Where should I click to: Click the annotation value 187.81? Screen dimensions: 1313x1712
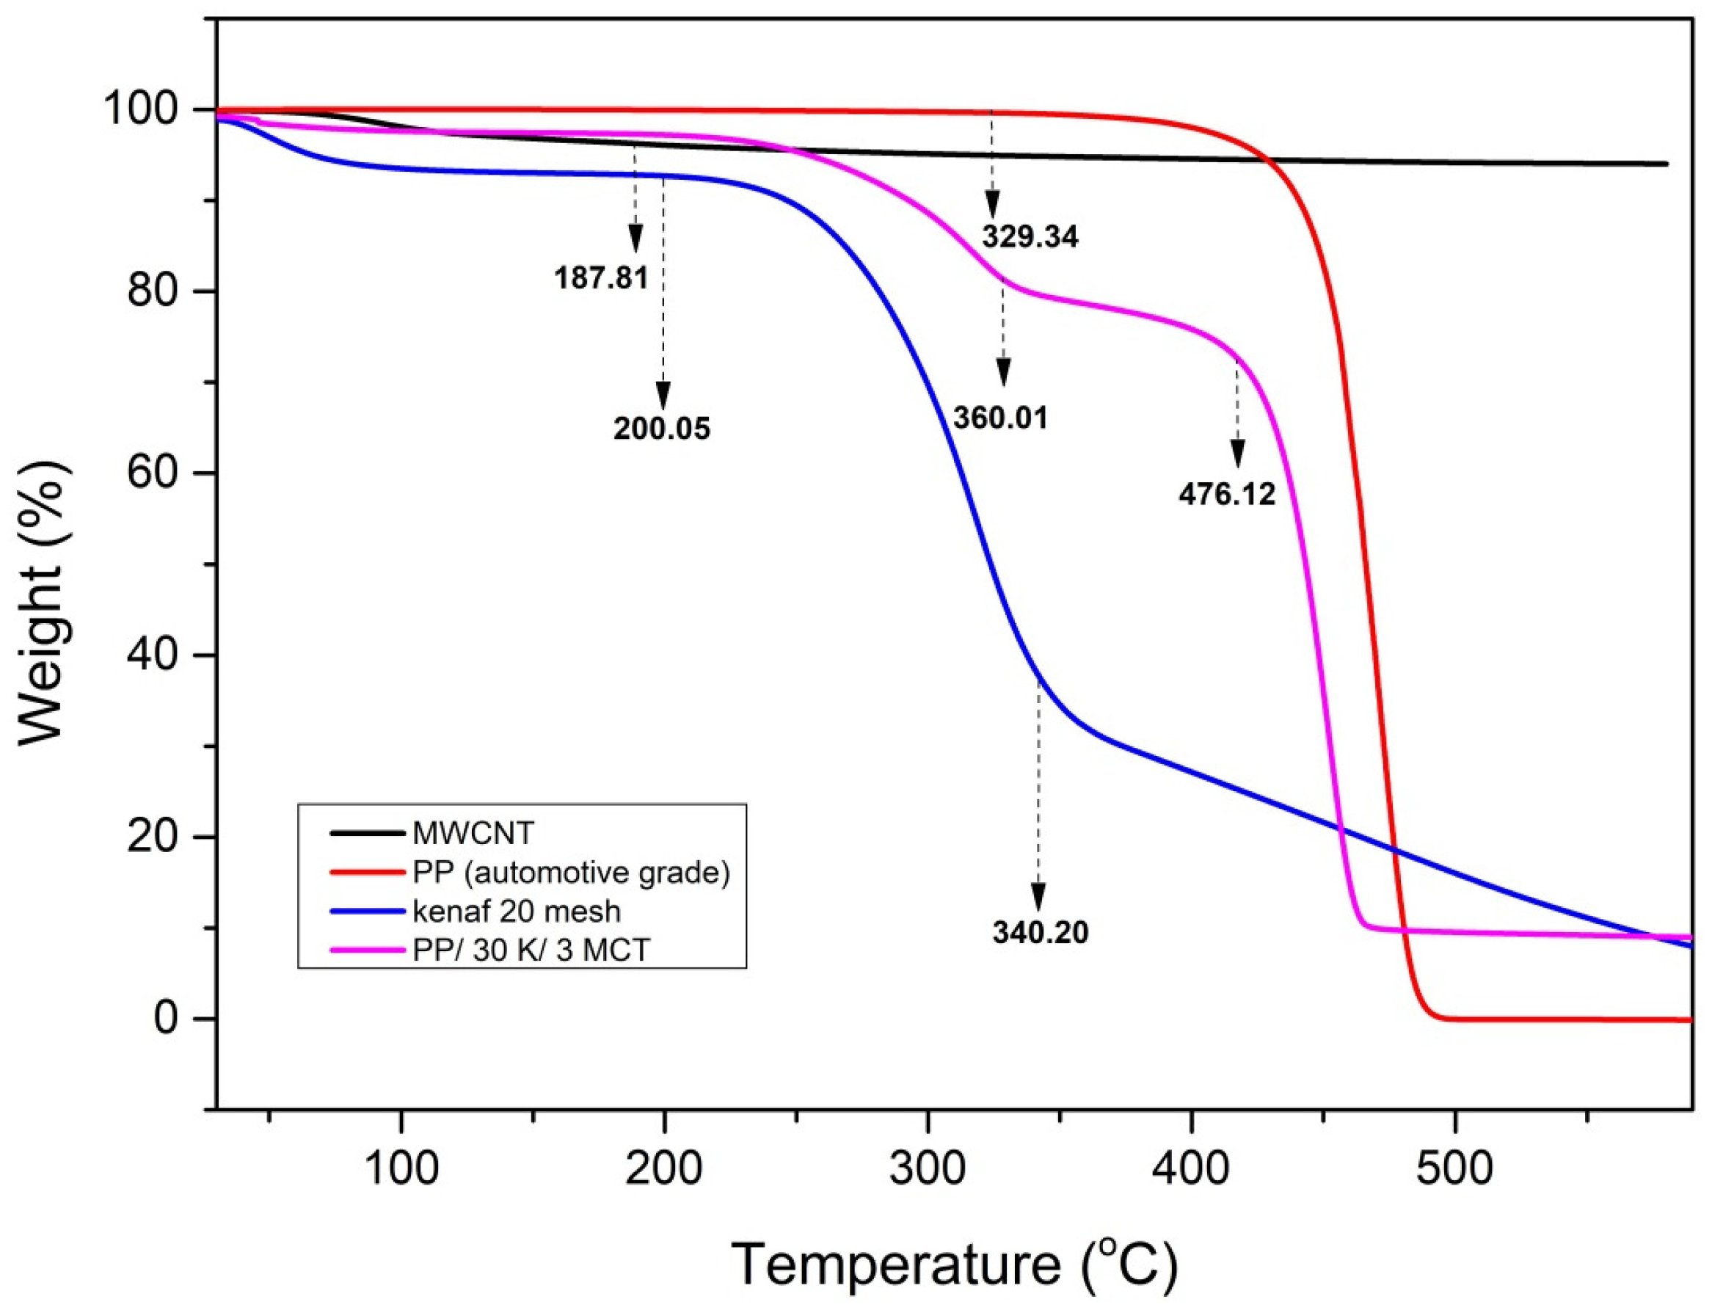point(601,277)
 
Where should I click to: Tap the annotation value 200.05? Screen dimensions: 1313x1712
point(661,429)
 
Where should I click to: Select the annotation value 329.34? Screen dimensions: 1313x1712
point(1029,236)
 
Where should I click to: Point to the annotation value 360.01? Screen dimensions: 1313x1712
point(999,418)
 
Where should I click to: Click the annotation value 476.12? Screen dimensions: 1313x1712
point(1226,494)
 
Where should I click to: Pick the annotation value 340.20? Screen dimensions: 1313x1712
point(1040,932)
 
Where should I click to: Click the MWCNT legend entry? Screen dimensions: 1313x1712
point(473,834)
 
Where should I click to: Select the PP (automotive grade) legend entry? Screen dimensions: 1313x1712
point(570,872)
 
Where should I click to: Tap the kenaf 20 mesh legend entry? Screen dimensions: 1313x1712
point(516,912)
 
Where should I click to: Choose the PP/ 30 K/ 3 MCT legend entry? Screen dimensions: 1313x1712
point(531,950)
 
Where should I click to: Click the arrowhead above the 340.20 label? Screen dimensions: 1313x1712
point(1038,896)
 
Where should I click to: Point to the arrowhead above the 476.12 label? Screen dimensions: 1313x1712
point(1237,453)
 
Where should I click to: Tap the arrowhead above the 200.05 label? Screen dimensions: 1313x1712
point(663,395)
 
